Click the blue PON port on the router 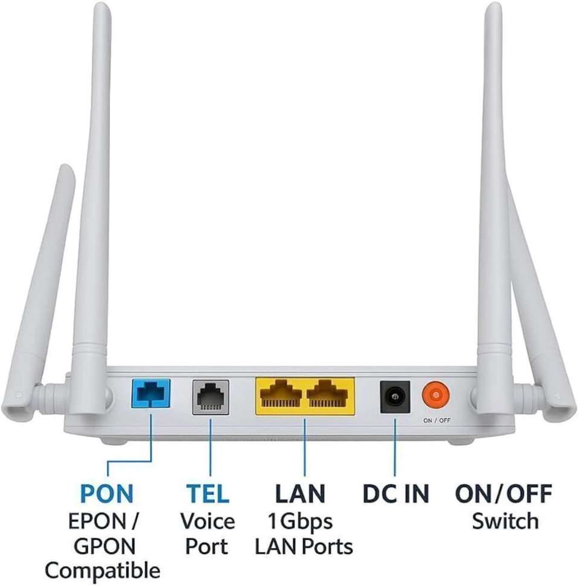(x=150, y=393)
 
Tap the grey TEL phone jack (x=210, y=397)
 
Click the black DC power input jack (x=395, y=397)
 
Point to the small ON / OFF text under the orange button (x=437, y=420)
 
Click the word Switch (x=505, y=521)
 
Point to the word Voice (x=208, y=521)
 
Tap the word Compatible (x=103, y=572)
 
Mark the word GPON (x=104, y=546)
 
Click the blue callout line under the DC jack (x=395, y=447)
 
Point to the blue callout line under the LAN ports (x=305, y=447)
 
